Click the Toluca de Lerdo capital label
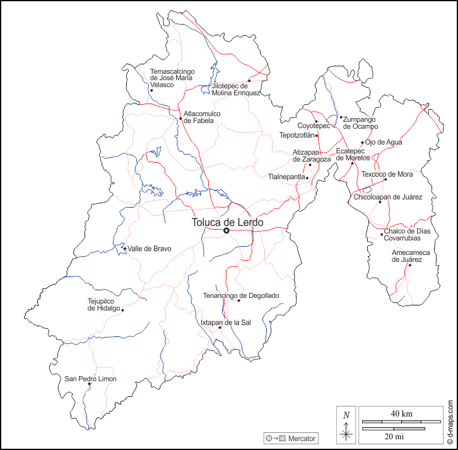click(x=227, y=222)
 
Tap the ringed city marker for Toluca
click(x=226, y=231)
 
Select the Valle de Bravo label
click(x=150, y=249)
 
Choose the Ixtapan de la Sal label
click(x=226, y=323)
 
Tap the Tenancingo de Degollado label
click(x=241, y=295)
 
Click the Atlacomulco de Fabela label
click(x=203, y=117)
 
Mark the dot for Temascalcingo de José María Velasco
click(x=151, y=90)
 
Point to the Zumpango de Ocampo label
click(x=361, y=122)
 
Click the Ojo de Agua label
click(x=384, y=142)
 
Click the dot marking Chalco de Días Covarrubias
click(x=382, y=235)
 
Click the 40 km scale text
click(x=402, y=413)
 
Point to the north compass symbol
click(x=346, y=424)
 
